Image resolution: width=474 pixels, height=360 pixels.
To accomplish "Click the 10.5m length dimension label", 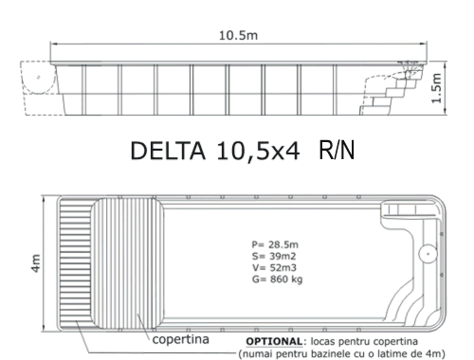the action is tap(238, 35).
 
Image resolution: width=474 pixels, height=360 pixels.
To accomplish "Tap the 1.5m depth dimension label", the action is tap(436, 88).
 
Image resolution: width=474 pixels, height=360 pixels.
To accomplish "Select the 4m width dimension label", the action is tap(36, 263).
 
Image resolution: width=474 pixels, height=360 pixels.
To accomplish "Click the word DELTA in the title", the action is tap(168, 151).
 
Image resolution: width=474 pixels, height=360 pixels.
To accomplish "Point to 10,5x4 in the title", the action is tap(258, 152).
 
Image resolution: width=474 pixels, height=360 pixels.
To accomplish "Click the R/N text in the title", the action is tap(337, 150).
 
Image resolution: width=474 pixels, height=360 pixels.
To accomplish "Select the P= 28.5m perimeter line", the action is tap(275, 244).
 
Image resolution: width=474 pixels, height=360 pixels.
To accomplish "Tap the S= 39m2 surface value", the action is tap(274, 256).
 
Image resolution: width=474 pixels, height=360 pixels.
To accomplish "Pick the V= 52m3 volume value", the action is tap(274, 268).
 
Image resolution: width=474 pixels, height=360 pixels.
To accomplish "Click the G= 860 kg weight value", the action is tap(277, 279).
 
